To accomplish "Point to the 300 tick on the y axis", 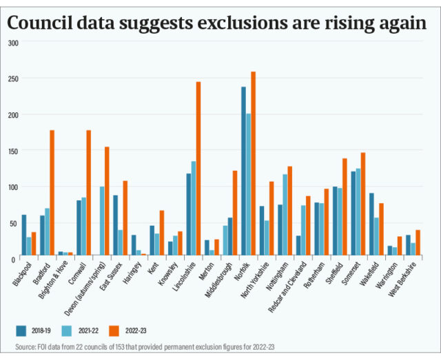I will (13, 43).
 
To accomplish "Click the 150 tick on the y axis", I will (13, 151).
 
